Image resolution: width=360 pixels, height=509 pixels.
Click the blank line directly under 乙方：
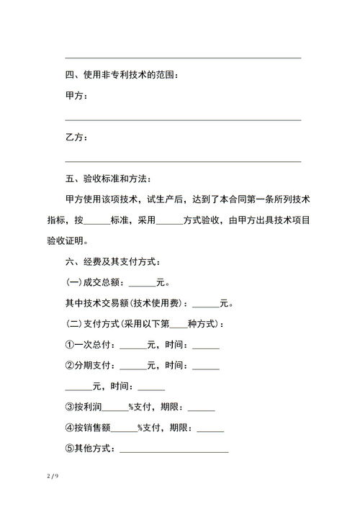tap(183, 161)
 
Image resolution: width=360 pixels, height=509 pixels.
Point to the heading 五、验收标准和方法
tap(109, 179)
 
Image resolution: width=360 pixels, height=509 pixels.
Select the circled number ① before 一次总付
tap(70, 346)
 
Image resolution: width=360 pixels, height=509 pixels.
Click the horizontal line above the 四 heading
tap(183, 58)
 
